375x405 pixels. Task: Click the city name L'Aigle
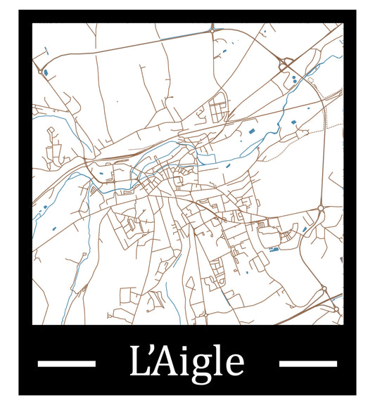[x=187, y=363]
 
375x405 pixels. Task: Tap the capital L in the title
[x=139, y=362]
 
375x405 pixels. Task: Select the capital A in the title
[x=167, y=362]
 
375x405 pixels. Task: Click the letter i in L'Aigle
[x=186, y=362]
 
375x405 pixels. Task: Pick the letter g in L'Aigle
[x=203, y=366]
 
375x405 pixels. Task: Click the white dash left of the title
[x=66, y=364]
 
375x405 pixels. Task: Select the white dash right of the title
[x=308, y=364]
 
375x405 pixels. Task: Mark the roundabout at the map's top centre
[x=212, y=30]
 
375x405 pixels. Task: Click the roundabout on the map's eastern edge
[x=321, y=208]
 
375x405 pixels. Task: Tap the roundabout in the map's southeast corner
[x=324, y=288]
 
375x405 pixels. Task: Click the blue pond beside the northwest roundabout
[x=46, y=71]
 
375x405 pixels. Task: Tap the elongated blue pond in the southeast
[x=274, y=248]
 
